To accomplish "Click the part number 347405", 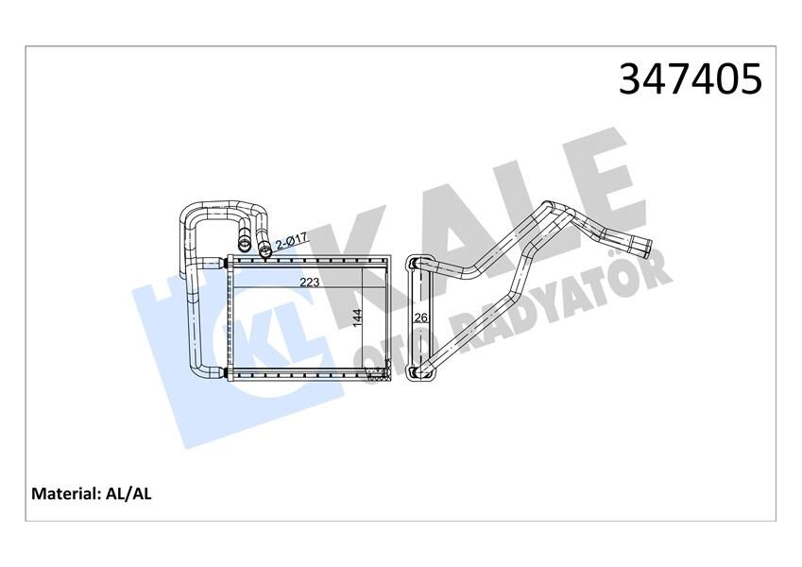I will pos(690,79).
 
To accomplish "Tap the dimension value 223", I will pos(309,282).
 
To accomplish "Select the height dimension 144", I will pos(357,318).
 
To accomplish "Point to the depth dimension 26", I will pos(422,318).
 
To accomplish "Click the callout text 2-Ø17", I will pos(288,245).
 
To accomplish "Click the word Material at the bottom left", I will pos(66,493).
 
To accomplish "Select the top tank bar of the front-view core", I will pos(309,262).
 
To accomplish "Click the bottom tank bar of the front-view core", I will pos(309,375).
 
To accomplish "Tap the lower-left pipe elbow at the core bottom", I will pos(206,370).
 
